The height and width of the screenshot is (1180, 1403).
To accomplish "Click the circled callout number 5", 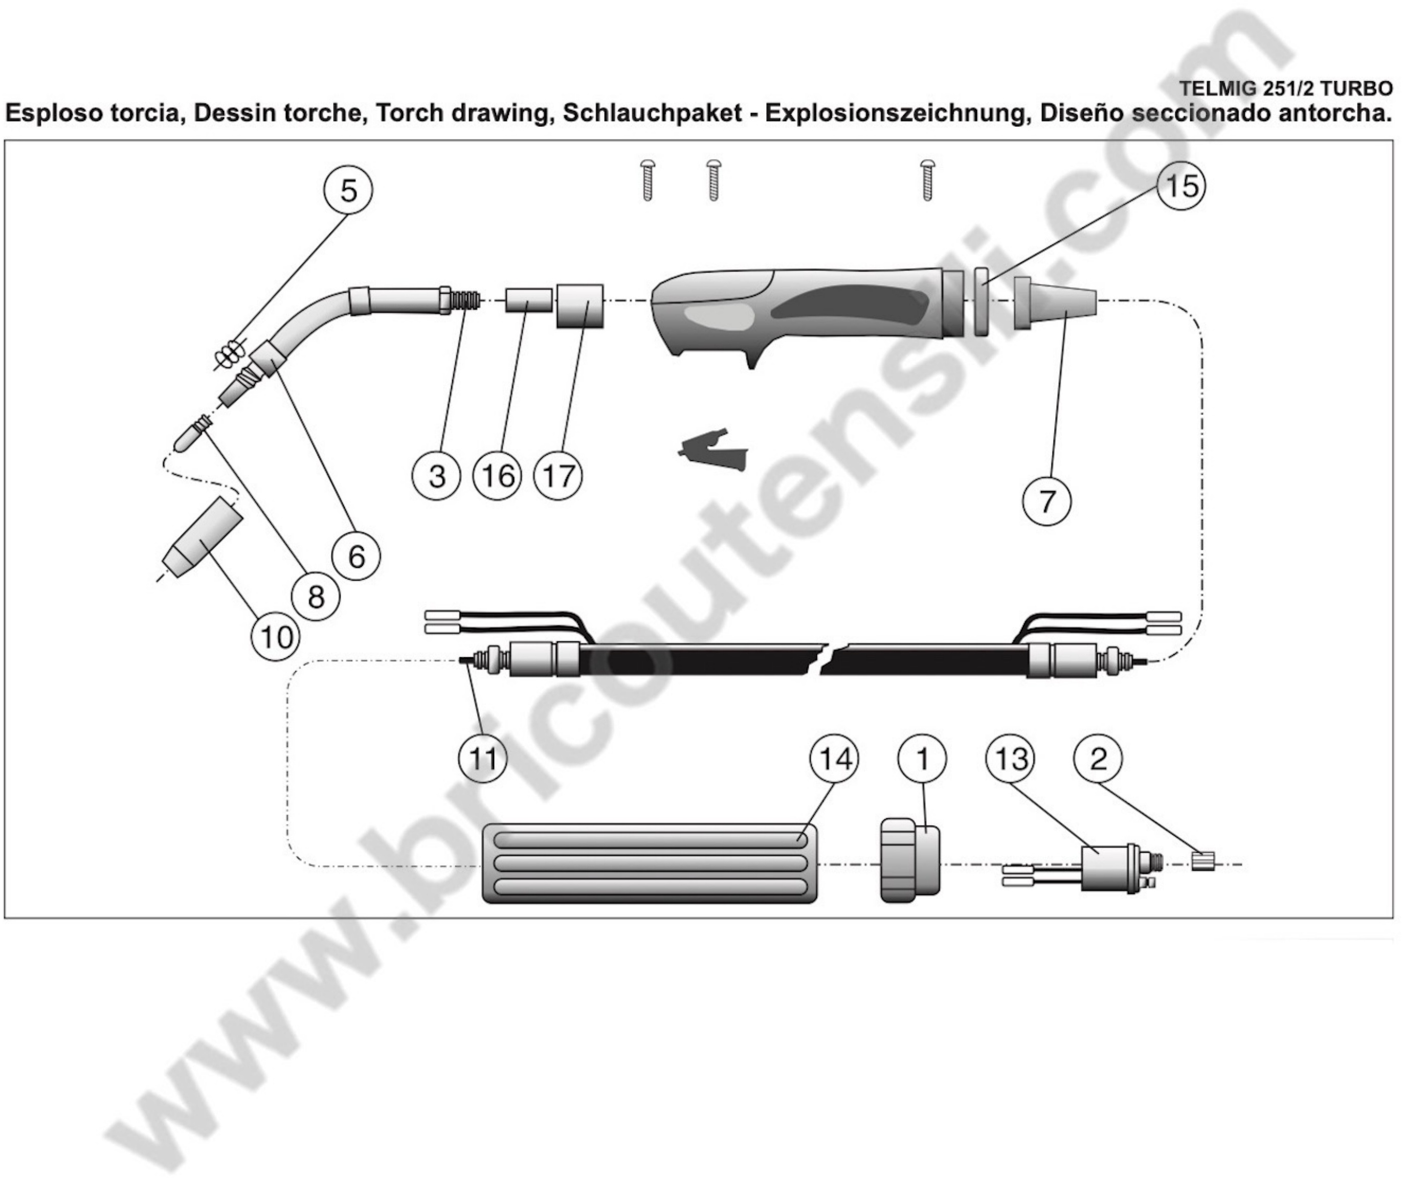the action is [x=348, y=191].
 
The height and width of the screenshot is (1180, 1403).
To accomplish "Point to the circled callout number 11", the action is [x=482, y=759].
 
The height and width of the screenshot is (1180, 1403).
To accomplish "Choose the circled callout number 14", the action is [x=834, y=759].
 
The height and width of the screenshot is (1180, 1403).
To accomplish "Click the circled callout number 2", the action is [x=1099, y=759].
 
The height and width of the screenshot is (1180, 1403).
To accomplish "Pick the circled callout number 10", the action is [x=276, y=637].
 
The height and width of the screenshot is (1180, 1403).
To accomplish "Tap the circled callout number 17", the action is [x=558, y=476].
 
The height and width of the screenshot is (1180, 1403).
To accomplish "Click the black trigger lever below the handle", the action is [x=712, y=450].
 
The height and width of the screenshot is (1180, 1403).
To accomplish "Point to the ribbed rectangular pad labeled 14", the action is [x=650, y=863].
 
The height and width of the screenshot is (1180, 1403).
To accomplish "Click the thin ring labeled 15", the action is [x=982, y=302].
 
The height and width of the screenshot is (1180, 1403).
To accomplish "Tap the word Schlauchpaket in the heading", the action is [x=652, y=114].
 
